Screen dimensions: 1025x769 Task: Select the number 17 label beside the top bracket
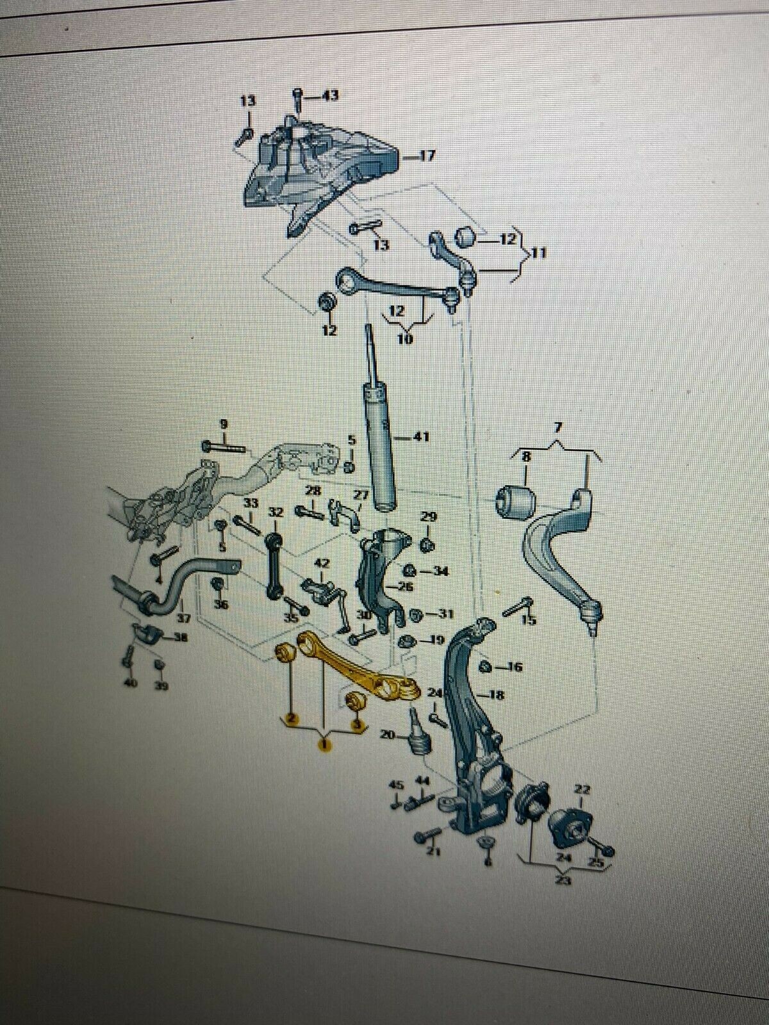point(427,155)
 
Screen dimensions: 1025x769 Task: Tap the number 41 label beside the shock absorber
point(420,438)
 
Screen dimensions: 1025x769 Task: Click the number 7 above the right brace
point(557,426)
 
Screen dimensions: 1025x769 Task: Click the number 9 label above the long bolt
point(223,423)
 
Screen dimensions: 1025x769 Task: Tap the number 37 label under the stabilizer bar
point(184,618)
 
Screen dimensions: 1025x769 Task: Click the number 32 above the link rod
point(276,512)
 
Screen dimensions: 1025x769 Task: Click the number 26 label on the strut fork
point(406,586)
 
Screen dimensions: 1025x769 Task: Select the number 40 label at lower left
point(131,685)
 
